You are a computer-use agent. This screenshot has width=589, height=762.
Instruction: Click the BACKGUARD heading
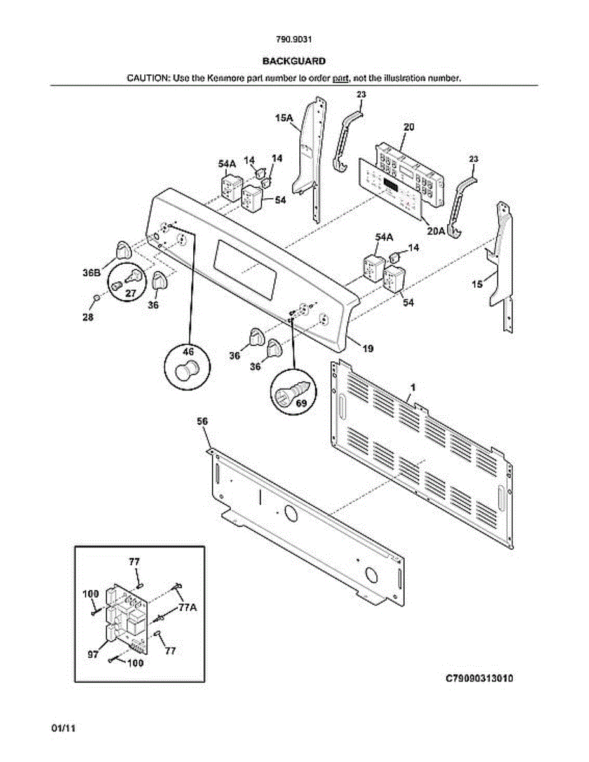(294, 61)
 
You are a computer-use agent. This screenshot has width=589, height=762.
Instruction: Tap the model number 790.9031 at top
(294, 39)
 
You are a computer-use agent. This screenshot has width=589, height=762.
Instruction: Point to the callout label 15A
(283, 118)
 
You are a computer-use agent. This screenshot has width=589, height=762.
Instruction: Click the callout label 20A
(436, 231)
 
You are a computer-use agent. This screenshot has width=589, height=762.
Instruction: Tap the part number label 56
(203, 421)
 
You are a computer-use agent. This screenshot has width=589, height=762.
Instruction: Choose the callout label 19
(368, 348)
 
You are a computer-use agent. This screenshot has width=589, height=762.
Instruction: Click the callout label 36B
(91, 272)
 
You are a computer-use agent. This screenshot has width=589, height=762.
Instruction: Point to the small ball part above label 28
(96, 297)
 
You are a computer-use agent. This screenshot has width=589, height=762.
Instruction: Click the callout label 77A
(187, 608)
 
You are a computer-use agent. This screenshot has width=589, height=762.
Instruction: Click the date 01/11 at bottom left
(64, 728)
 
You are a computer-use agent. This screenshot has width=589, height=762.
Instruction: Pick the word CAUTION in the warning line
(147, 78)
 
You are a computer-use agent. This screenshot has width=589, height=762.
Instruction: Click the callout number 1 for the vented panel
(413, 387)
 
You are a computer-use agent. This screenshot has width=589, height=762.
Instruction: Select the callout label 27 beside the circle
(130, 293)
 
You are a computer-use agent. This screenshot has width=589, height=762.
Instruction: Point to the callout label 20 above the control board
(409, 127)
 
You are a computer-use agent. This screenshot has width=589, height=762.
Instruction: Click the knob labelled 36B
(122, 250)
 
